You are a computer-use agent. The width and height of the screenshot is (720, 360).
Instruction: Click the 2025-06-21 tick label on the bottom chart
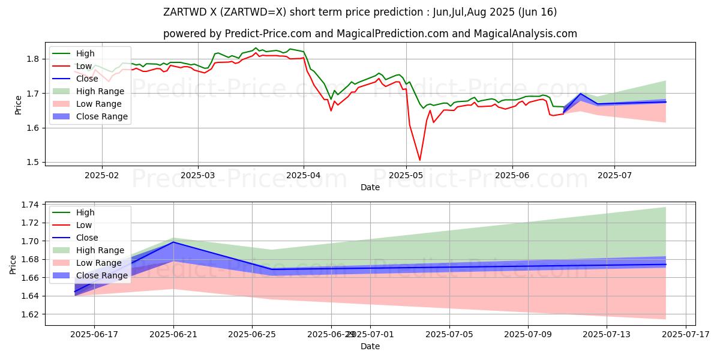point(173,334)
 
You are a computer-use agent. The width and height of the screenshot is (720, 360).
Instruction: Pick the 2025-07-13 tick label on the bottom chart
point(607,334)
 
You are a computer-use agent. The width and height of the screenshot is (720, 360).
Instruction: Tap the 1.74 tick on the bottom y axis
point(29,205)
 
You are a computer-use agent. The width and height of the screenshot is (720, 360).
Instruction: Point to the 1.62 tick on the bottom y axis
point(29,314)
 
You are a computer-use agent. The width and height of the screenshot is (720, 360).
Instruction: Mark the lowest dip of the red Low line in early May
point(419,160)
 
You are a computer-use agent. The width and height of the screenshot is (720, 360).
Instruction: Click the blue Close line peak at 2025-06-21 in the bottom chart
point(173,242)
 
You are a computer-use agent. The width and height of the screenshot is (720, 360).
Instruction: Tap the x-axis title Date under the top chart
point(370,187)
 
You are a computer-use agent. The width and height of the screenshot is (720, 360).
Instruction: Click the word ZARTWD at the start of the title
point(184,12)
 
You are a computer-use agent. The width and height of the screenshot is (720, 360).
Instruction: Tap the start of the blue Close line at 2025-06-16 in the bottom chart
point(75,292)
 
